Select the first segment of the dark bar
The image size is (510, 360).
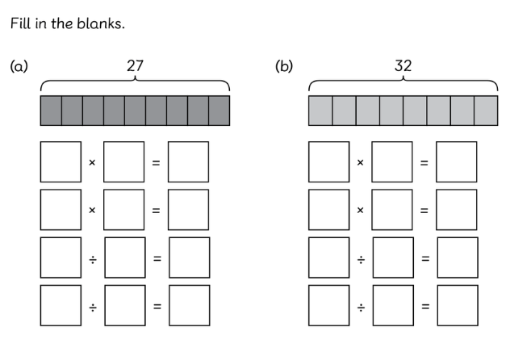pos(51,111)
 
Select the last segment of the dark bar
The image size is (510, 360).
pos(219,111)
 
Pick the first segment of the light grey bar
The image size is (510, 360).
pos(320,111)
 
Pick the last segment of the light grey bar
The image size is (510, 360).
pos(486,111)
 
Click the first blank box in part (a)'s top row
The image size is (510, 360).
pos(61,162)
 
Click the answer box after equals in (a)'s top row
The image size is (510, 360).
pos(188,162)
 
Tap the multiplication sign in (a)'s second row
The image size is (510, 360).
pos(92,210)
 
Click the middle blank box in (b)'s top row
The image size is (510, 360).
pos(391,162)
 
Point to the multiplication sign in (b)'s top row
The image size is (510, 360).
pos(360,162)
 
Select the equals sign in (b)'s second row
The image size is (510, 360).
pos(424,210)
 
